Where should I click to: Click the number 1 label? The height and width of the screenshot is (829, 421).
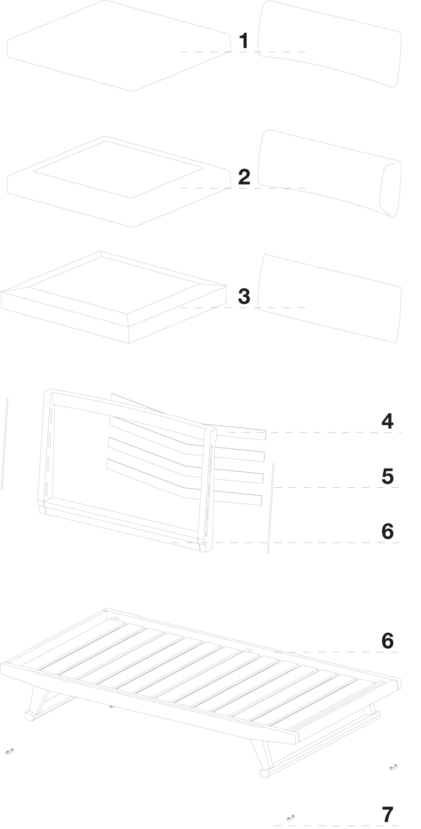tap(244, 41)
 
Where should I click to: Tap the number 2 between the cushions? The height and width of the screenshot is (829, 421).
tap(244, 177)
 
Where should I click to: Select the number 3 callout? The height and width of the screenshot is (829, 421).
tap(244, 296)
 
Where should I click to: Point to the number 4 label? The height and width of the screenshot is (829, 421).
tap(387, 421)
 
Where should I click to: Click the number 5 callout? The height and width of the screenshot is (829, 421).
tap(387, 476)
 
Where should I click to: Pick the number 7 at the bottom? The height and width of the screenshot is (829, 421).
tap(388, 815)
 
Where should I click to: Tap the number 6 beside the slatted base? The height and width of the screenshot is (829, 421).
tap(387, 640)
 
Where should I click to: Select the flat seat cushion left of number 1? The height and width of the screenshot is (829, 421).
tap(119, 45)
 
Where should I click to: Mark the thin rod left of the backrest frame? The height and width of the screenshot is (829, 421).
tap(5, 444)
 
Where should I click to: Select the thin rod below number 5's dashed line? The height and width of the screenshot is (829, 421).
tap(270, 509)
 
